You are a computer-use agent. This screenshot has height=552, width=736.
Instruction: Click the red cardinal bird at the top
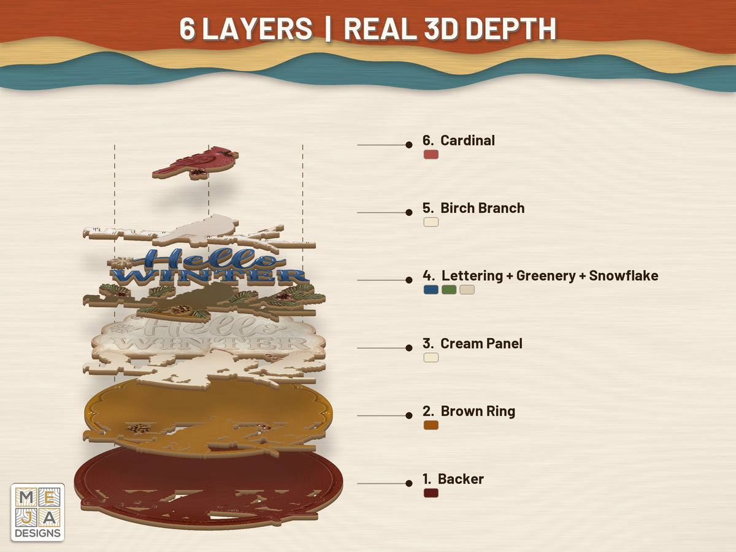[x=196, y=163]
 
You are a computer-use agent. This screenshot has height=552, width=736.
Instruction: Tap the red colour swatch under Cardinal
[x=431, y=155]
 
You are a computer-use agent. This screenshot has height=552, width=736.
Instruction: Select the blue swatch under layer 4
[x=431, y=289]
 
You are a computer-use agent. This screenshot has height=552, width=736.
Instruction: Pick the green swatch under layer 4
[x=449, y=289]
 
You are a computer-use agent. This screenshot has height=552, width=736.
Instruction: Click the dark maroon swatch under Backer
[x=431, y=493]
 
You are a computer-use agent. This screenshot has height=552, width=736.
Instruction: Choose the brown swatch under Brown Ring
[x=431, y=425]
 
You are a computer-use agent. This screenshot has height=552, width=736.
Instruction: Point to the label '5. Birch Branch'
[x=473, y=208]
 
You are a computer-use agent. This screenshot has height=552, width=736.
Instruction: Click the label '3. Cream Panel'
[x=472, y=343]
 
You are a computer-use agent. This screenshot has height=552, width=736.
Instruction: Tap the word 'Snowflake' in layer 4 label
[x=624, y=275]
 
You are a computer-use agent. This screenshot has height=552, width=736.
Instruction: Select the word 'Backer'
[x=461, y=479]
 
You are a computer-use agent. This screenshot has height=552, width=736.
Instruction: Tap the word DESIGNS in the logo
[x=37, y=533]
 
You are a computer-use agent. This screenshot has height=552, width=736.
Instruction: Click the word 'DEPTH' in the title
[x=511, y=29]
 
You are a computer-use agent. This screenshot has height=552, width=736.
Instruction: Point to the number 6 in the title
[x=187, y=29]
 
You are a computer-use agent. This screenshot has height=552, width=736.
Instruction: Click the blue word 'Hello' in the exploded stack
[x=209, y=258]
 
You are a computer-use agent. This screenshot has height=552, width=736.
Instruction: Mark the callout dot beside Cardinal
[x=408, y=145]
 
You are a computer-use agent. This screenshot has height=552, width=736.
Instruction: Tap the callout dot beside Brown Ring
[x=408, y=416]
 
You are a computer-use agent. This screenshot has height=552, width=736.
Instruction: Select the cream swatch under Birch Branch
[x=431, y=222]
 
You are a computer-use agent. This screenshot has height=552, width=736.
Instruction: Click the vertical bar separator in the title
[x=328, y=29]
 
